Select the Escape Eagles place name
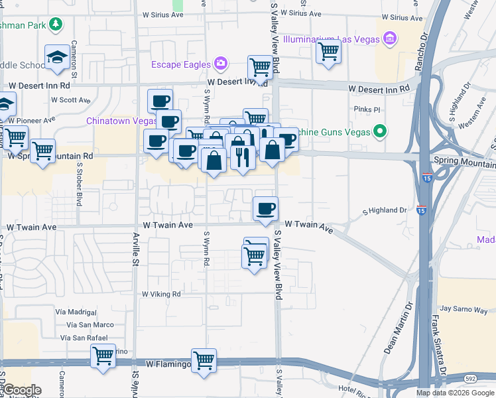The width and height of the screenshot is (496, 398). coord(180,64)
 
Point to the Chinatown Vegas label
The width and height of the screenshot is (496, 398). coord(121,121)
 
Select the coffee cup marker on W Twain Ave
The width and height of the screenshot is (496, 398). coord(265,209)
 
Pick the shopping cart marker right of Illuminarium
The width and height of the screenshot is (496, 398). coord(328,51)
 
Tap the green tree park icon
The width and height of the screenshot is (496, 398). coord(56,25)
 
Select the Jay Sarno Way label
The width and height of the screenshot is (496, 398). coord(464,309)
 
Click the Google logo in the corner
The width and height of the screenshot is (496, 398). coord(21,390)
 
